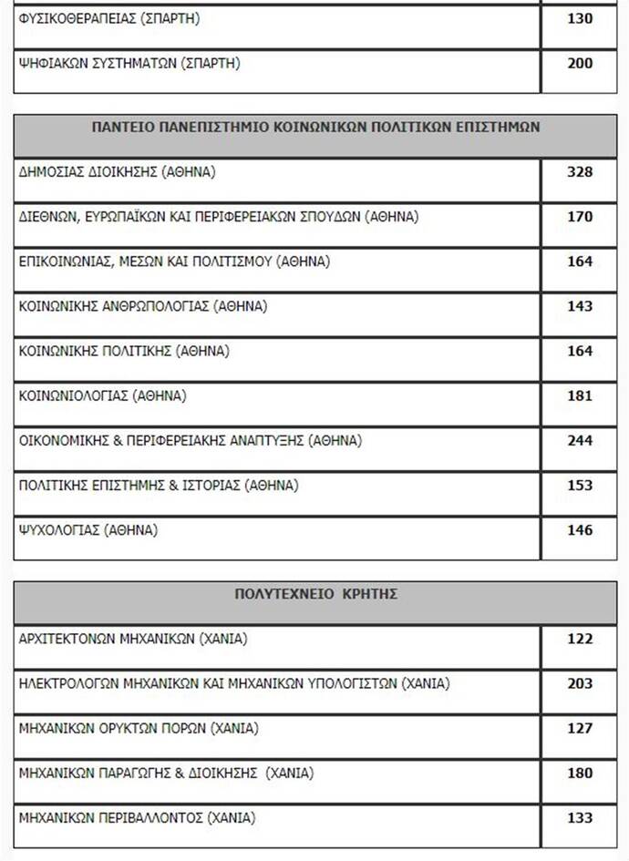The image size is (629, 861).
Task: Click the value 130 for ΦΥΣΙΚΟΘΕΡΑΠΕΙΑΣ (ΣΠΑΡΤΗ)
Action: pos(580,18)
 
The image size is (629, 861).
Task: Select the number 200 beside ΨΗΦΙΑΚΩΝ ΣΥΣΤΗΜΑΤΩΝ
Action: pos(580,63)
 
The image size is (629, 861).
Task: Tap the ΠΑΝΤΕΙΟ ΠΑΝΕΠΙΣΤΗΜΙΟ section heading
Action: pos(315,127)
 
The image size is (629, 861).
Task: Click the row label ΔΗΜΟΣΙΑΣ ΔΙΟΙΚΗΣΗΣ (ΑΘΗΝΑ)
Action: pos(118,171)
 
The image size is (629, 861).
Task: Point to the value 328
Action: pos(580,172)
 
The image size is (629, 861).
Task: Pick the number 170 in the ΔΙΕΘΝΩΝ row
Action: pos(580,217)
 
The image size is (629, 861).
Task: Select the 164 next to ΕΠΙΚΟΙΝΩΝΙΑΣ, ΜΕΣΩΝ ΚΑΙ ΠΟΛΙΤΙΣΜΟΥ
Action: pos(580,261)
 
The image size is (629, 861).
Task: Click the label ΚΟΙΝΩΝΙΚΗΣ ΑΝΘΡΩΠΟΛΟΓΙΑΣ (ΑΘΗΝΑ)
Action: pos(143,306)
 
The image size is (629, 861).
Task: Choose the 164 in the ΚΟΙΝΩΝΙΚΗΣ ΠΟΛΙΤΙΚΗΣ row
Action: pos(580,351)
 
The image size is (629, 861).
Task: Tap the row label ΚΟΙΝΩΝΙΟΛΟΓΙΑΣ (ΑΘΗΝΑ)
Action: pos(103,395)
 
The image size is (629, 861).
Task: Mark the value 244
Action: pos(580,440)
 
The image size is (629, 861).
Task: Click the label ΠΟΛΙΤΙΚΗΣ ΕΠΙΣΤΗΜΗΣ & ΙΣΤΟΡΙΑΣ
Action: pos(159,485)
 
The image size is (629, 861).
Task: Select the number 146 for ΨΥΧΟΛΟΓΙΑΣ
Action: pos(580,529)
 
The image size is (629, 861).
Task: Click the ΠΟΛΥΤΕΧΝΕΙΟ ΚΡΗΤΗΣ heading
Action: pos(315,593)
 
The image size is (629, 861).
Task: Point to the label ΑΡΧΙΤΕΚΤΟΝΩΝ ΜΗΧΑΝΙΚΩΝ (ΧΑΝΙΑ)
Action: pos(133,638)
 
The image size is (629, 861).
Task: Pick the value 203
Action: pos(580,683)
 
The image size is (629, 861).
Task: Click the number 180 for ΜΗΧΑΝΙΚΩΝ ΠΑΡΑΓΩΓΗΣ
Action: pos(580,773)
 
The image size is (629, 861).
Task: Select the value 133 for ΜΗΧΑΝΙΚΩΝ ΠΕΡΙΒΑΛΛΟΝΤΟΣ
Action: pos(580,817)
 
